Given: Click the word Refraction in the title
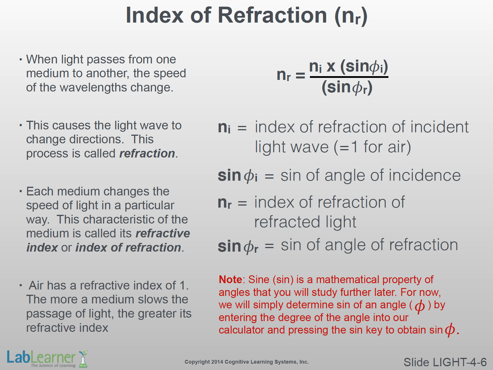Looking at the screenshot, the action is pos(272,15).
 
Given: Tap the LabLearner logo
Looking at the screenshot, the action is pos(47,359).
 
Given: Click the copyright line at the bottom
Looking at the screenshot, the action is pos(247,362).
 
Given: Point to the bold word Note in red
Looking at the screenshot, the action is pos(230,280).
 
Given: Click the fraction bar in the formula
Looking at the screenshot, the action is pos(349,77).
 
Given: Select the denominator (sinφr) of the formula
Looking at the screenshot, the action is pos(347,87).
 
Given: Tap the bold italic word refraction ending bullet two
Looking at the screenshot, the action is pos(147,153).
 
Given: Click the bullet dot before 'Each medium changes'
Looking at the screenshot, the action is pos(21,191).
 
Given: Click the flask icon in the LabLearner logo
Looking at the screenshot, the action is pos(83,359).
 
